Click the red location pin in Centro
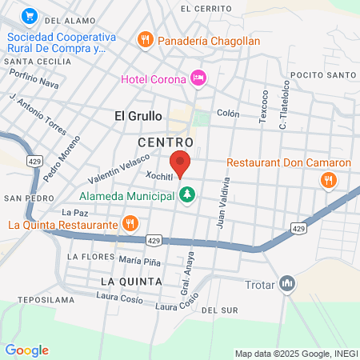coord(180,162)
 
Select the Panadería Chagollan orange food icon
coord(145,38)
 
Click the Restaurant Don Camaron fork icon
coord(327,180)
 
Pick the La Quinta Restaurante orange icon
coord(129,222)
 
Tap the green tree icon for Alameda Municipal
coord(187,194)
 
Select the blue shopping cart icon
coord(30,15)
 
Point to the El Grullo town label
coord(138,116)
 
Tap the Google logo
coord(26,350)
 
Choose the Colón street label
coord(228,114)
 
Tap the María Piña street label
coord(140,261)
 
